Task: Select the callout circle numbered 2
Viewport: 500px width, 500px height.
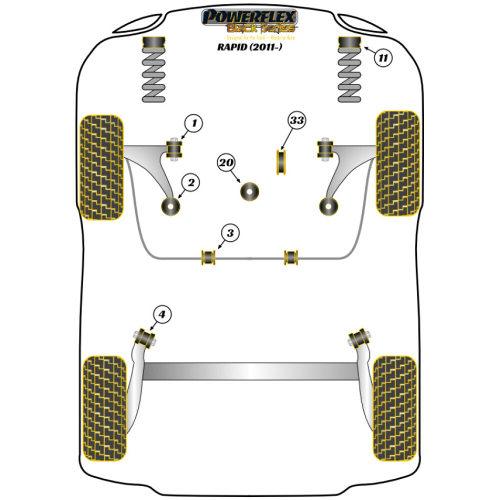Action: click(x=190, y=183)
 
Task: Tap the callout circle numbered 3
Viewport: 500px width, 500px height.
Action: click(x=229, y=233)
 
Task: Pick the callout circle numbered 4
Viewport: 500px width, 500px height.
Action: click(x=162, y=314)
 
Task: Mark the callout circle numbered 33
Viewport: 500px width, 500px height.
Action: click(x=296, y=121)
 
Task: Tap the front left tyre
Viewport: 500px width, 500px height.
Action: click(x=102, y=166)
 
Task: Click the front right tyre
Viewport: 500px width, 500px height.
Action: click(x=397, y=163)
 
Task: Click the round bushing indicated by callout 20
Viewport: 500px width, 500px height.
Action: click(x=249, y=191)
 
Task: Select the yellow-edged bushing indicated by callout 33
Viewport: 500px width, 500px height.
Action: click(x=284, y=162)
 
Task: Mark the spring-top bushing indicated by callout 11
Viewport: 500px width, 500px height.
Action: click(x=350, y=43)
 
